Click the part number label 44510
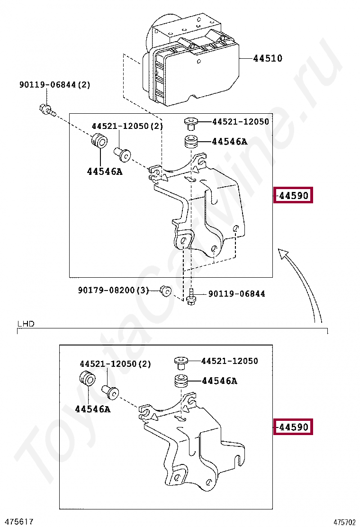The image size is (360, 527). pyautogui.click(x=268, y=58)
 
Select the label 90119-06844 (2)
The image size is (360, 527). pyautogui.click(x=55, y=85)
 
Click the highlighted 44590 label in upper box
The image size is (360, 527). pyautogui.click(x=293, y=195)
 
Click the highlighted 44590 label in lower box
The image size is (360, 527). pyautogui.click(x=293, y=427)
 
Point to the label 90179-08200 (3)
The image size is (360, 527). pyautogui.click(x=114, y=290)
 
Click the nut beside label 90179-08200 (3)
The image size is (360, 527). pyautogui.click(x=165, y=291)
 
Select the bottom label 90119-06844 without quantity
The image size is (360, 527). pyautogui.click(x=237, y=294)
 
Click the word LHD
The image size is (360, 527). pyautogui.click(x=26, y=324)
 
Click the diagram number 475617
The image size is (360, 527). pyautogui.click(x=17, y=522)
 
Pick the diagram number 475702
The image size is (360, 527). pyautogui.click(x=344, y=522)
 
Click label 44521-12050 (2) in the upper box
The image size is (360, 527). pyautogui.click(x=127, y=126)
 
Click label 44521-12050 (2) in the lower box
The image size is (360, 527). pyautogui.click(x=115, y=363)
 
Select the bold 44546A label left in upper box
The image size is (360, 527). pyautogui.click(x=105, y=172)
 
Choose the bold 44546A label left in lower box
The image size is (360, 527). pyautogui.click(x=93, y=409)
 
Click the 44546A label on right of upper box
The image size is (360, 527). pyautogui.click(x=229, y=142)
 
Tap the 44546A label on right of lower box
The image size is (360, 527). pyautogui.click(x=219, y=381)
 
